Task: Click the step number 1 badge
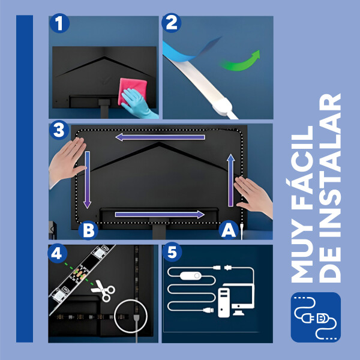[x=59, y=23]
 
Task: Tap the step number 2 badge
[x=171, y=23]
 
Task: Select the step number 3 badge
[x=59, y=130]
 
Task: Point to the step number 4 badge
[x=58, y=253]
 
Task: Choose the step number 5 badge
[x=172, y=252]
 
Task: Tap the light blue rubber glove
[x=138, y=103]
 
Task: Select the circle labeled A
[x=229, y=230]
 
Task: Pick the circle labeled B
[x=88, y=230]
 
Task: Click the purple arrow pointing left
[x=160, y=137]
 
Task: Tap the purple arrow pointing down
[x=87, y=180]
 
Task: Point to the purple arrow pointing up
[x=231, y=180]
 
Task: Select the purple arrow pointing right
[x=160, y=214]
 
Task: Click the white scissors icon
[x=103, y=290]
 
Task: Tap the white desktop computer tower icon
[x=224, y=302]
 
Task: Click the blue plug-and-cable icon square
[x=316, y=317]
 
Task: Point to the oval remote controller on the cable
[x=191, y=276]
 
